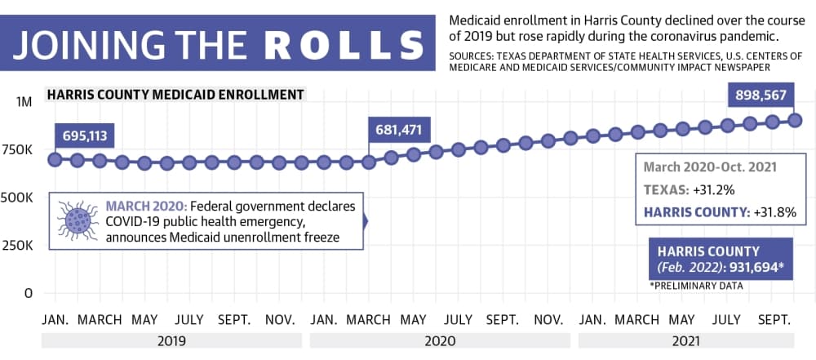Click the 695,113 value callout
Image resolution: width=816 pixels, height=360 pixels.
(x=84, y=136)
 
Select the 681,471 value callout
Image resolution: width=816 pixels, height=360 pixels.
(x=399, y=129)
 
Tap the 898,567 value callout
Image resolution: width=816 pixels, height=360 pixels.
(x=761, y=95)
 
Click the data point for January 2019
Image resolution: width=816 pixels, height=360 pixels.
(x=55, y=159)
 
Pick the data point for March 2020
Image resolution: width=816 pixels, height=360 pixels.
(x=369, y=162)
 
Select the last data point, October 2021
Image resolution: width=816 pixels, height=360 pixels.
(x=794, y=120)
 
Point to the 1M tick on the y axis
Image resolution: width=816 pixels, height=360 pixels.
(x=24, y=102)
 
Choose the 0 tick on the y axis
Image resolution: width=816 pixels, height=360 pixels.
(x=29, y=293)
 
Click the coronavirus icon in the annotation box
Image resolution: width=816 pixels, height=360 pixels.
(x=78, y=220)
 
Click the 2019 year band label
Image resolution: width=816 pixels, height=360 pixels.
(x=171, y=341)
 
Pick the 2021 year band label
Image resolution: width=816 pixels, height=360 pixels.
(x=686, y=341)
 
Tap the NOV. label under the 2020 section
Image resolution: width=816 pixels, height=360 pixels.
(x=548, y=319)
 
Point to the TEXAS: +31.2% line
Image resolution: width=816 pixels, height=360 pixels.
(x=689, y=190)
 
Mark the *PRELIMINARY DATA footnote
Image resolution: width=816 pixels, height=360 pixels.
(x=696, y=286)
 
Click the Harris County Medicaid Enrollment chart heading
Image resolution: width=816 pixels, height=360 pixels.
(x=175, y=95)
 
